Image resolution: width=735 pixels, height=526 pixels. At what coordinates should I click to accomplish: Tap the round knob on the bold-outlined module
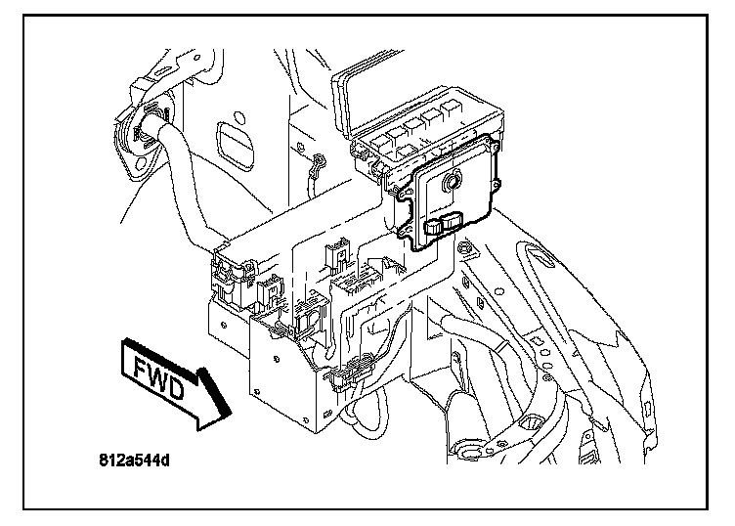[x=452, y=182]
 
